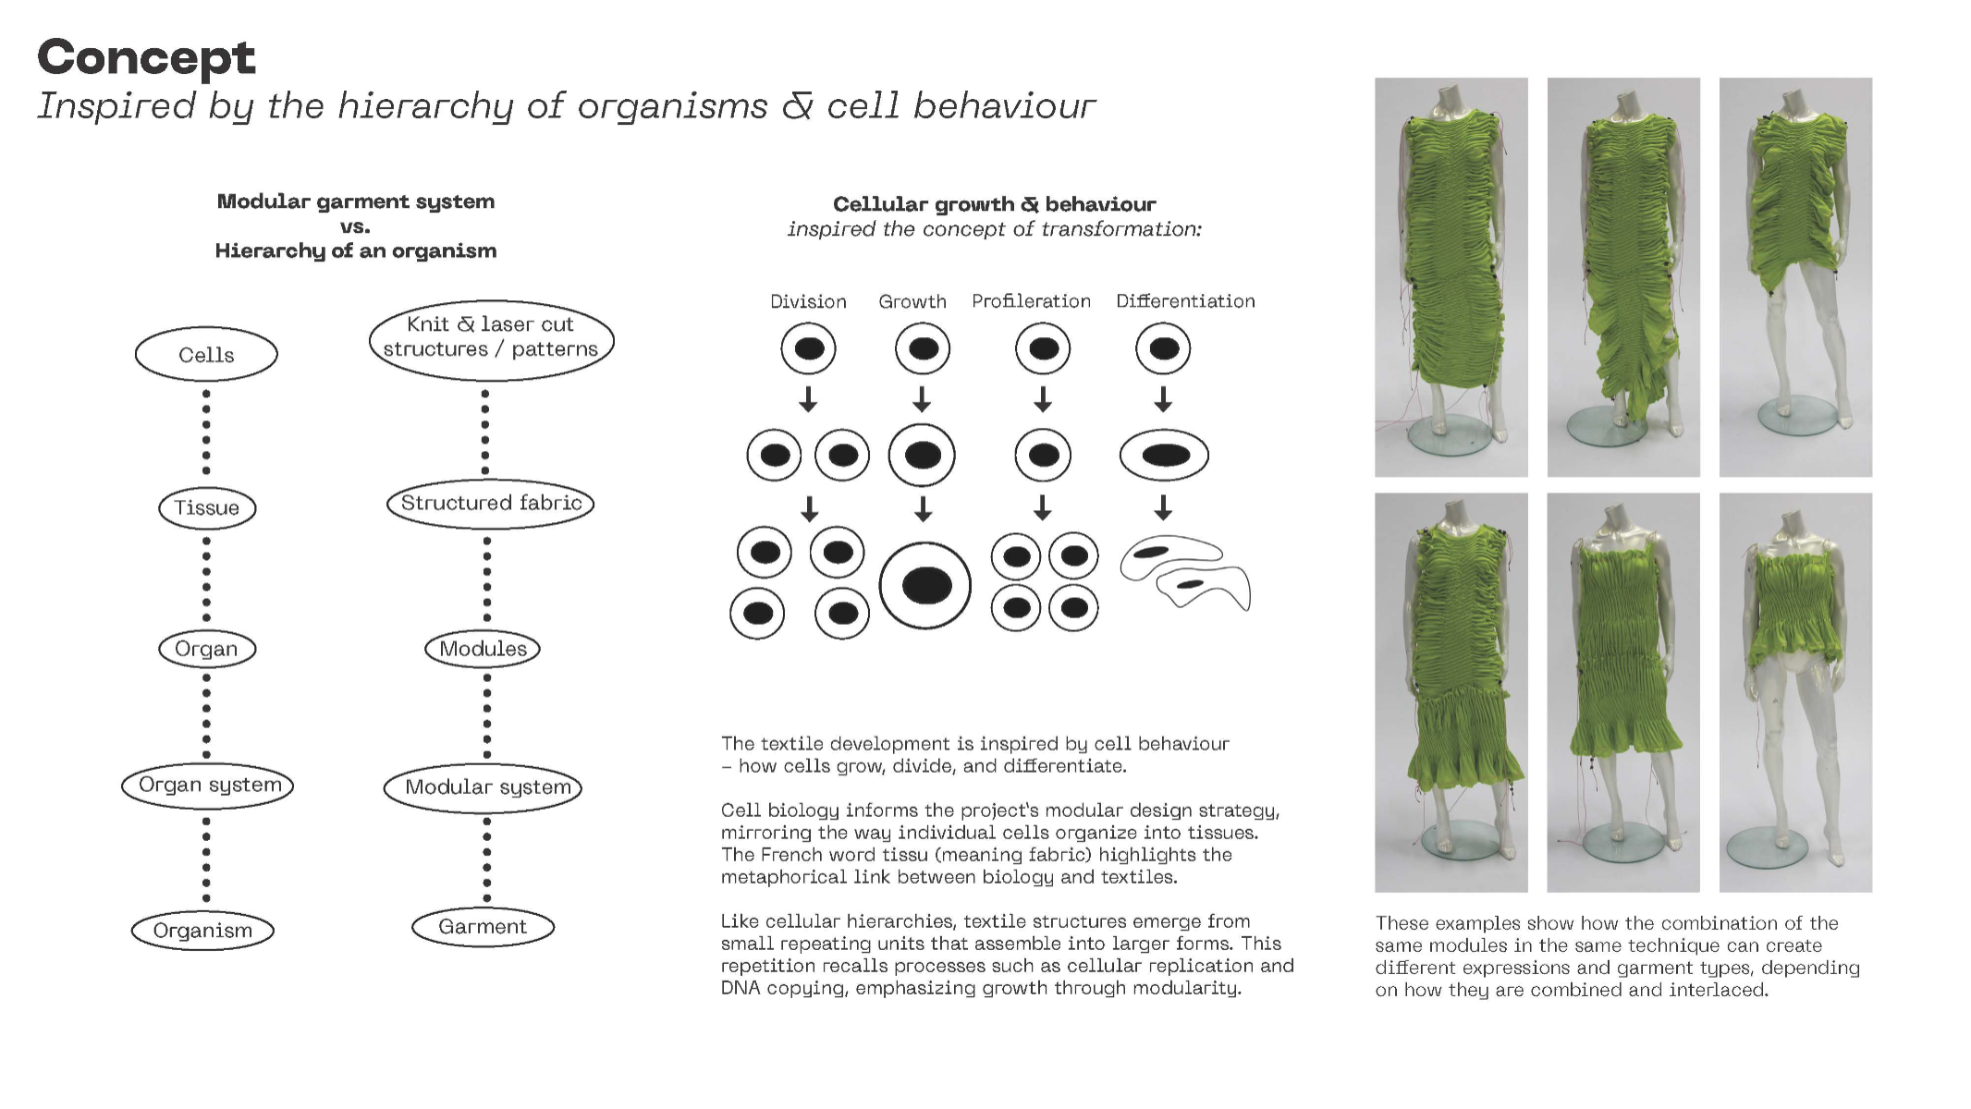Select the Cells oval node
(206, 355)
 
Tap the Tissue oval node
(207, 508)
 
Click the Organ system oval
(208, 786)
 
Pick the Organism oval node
(202, 931)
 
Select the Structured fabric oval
(490, 504)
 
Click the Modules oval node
(483, 649)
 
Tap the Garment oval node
(483, 927)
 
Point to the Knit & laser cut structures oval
(491, 338)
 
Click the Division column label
(808, 302)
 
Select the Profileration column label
(1031, 302)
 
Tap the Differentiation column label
(1185, 302)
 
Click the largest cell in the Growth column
(925, 586)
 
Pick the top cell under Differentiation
(1163, 349)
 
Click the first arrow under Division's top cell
(809, 399)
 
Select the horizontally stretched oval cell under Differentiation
(1164, 455)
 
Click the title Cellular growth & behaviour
(994, 204)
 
